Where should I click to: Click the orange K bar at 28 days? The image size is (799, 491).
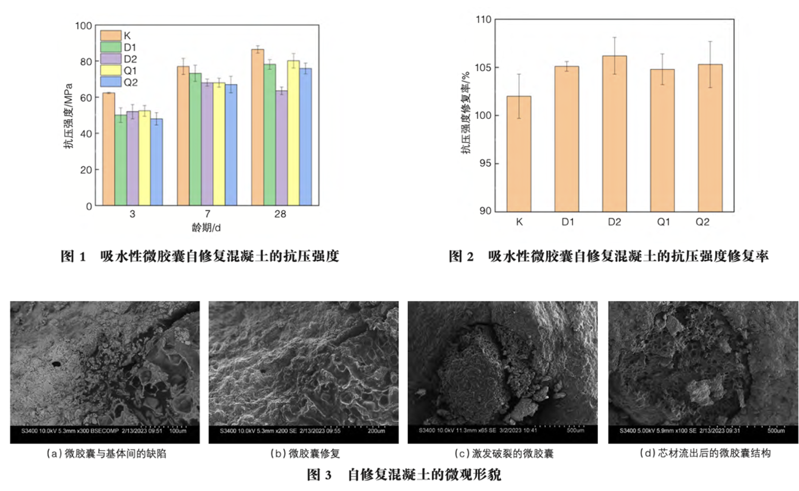(x=258, y=127)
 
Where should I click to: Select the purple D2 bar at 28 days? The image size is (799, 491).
(x=281, y=148)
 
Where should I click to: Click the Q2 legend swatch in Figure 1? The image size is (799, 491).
(x=111, y=82)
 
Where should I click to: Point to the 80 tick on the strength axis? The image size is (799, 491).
(x=86, y=62)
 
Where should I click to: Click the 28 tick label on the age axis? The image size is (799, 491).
(x=280, y=214)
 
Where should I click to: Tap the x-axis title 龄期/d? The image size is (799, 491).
(x=206, y=228)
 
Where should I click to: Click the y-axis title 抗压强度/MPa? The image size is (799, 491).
(x=68, y=116)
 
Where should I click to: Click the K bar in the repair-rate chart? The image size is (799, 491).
(x=519, y=154)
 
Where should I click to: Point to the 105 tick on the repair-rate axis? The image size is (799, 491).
(x=483, y=67)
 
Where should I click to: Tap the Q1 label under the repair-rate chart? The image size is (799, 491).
(x=663, y=222)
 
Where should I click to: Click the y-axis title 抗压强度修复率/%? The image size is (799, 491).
(x=466, y=112)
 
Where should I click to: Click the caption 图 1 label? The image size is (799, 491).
(x=73, y=257)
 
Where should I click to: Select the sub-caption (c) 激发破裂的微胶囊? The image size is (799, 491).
(x=503, y=454)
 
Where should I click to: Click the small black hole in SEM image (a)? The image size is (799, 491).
(x=56, y=364)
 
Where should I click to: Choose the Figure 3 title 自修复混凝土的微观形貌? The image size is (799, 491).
(x=424, y=475)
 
